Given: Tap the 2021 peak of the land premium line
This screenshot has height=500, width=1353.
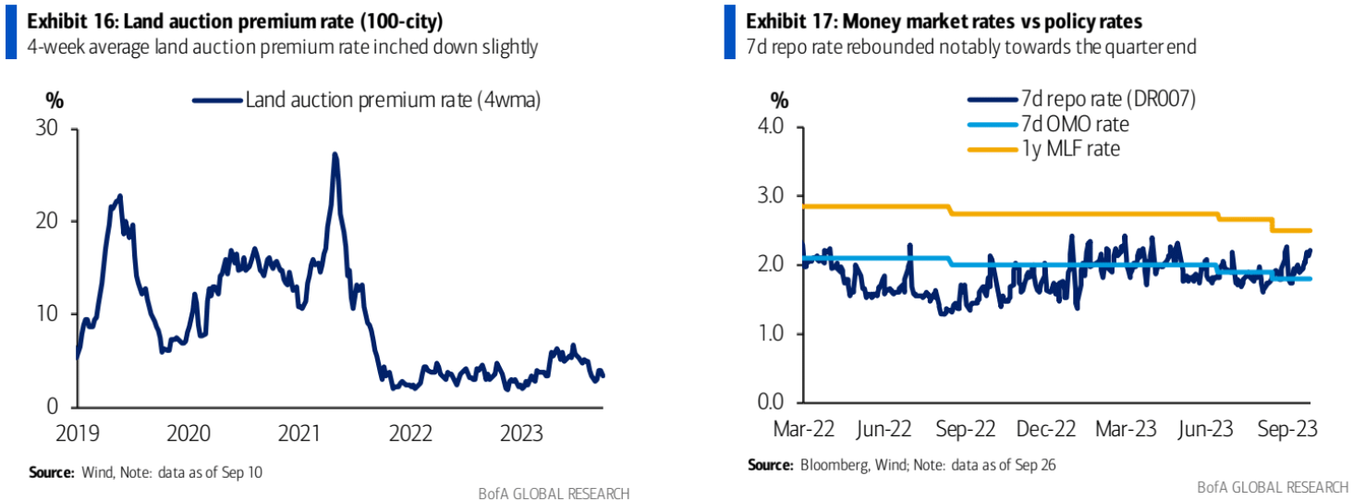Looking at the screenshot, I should tap(335, 155).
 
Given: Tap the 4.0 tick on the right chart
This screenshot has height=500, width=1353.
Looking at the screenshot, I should tap(782, 127).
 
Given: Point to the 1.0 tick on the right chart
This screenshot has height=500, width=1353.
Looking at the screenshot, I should tap(782, 334).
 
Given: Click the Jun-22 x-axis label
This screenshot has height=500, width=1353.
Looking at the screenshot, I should tap(885, 430).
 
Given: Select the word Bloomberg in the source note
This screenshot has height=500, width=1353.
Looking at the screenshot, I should tap(830, 465).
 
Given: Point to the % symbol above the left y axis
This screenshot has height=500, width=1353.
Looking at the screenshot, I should tap(52, 100).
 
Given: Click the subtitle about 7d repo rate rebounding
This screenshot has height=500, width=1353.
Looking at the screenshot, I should tap(970, 46).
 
